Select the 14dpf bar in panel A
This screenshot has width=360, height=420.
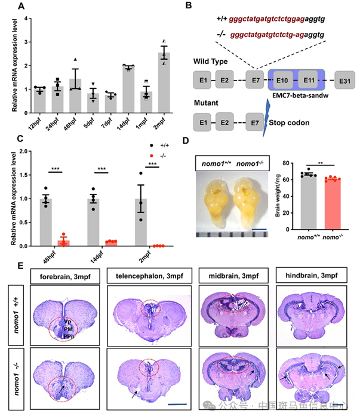pos(127,88)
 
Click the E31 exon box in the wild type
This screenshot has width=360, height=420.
pos(343,80)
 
